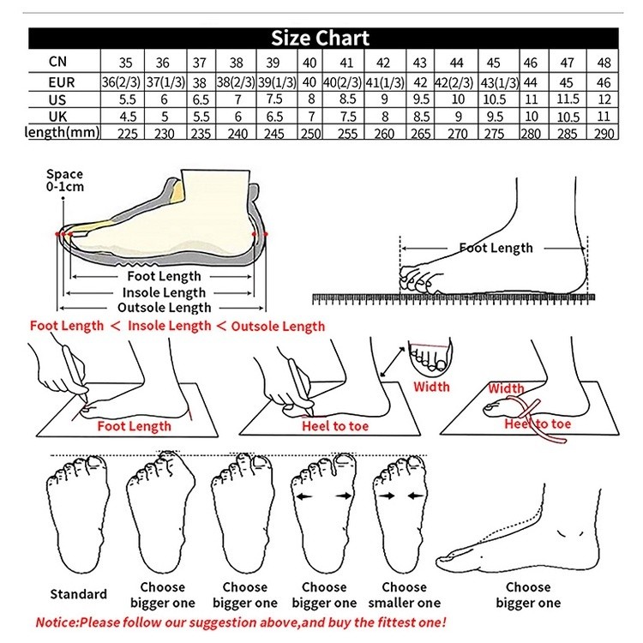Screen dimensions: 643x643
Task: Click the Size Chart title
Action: [x=321, y=39]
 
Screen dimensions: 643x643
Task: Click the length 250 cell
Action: [x=309, y=134]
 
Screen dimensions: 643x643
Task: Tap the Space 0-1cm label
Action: [x=64, y=179]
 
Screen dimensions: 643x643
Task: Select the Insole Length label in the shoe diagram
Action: [x=164, y=292]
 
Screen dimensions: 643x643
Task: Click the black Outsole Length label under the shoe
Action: [x=164, y=308]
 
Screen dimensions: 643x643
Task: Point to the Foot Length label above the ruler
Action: [x=496, y=249]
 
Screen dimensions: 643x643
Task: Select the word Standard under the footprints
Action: [x=78, y=594]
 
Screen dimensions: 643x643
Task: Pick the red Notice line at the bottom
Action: [x=241, y=622]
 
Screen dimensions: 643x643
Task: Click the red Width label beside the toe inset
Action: [x=431, y=387]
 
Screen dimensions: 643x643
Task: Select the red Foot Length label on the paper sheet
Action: [x=134, y=425]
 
